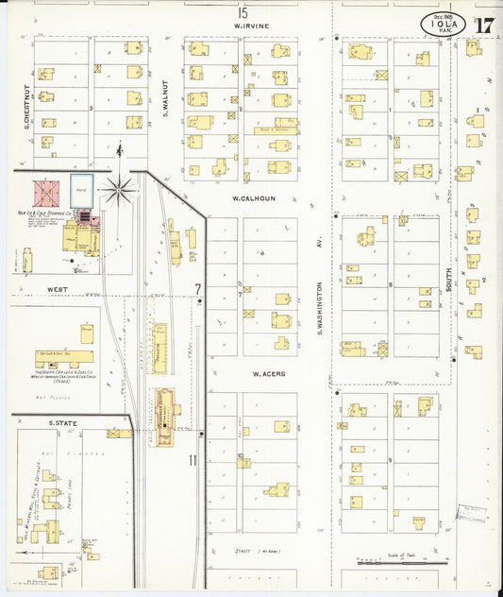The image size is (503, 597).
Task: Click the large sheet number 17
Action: [x=483, y=26]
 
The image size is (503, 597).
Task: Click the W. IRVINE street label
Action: [x=252, y=26]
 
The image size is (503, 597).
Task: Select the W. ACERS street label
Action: [x=269, y=375]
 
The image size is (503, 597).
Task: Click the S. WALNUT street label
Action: [x=165, y=97]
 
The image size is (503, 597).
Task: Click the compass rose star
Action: [x=119, y=189]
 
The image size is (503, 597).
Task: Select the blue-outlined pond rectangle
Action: [x=82, y=188]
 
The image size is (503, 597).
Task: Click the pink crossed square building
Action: [x=46, y=193]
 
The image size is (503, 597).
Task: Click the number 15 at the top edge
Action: [x=243, y=12]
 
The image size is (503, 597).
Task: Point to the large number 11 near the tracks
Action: [x=193, y=460]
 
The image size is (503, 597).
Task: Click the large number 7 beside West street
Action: [x=198, y=288]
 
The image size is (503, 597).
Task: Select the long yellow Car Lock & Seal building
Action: [x=65, y=359]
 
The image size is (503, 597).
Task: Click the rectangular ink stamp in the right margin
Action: [x=470, y=513]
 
